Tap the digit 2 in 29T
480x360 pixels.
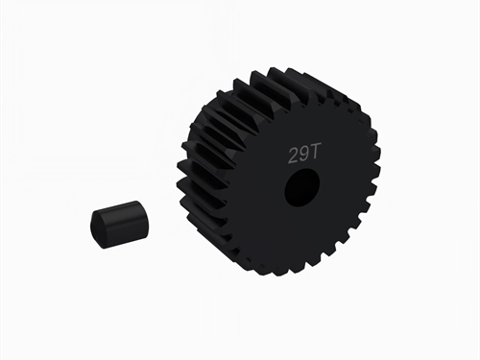pos(293,154)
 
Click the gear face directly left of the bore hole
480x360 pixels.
pos(254,188)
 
